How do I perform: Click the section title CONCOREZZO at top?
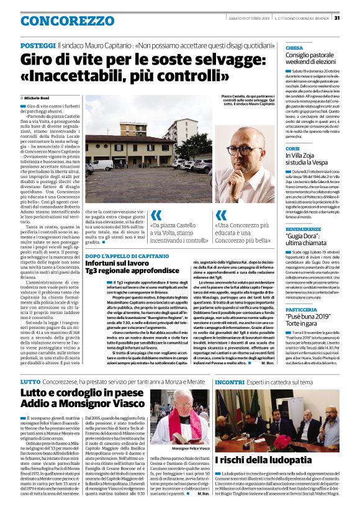pos(58,21)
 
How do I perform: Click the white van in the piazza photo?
pos(100,165)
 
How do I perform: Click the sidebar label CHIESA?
pos(294,48)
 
